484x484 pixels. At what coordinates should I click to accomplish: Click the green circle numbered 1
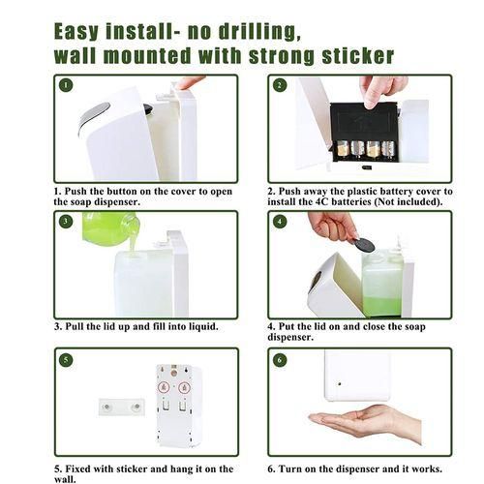(66, 85)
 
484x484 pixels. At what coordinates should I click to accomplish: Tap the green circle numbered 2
(280, 85)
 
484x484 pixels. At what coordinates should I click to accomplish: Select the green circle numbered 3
(66, 221)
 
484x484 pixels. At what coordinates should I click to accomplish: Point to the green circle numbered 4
(280, 222)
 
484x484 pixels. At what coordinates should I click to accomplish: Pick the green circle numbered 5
(66, 360)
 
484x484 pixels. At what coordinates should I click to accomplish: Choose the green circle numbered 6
(280, 360)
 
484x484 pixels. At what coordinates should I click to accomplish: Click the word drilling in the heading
(259, 31)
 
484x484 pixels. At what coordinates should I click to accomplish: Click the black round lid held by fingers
(363, 245)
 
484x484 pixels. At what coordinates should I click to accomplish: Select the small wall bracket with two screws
(122, 407)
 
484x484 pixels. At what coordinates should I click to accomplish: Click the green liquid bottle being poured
(109, 229)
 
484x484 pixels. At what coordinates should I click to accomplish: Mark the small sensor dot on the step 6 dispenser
(340, 384)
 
